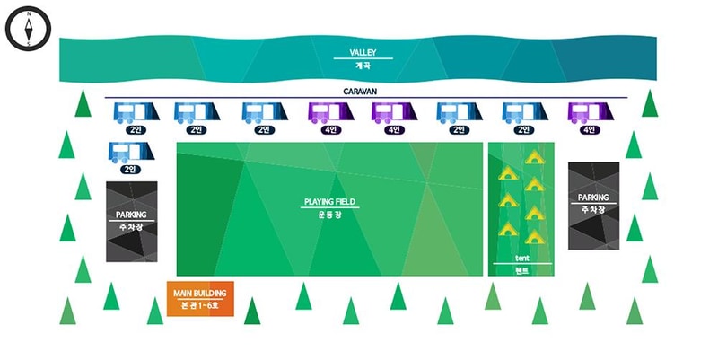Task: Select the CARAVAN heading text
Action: (x=359, y=92)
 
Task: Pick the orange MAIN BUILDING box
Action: (x=200, y=298)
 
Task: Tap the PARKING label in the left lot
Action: (x=131, y=215)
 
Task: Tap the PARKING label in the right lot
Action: (x=593, y=198)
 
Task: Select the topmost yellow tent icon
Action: (x=535, y=157)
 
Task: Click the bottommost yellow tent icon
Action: (x=535, y=237)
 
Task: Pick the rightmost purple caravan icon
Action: (x=590, y=112)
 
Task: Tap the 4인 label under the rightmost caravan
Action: (x=590, y=130)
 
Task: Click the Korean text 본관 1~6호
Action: (x=201, y=306)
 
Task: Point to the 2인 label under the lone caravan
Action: (x=131, y=169)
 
